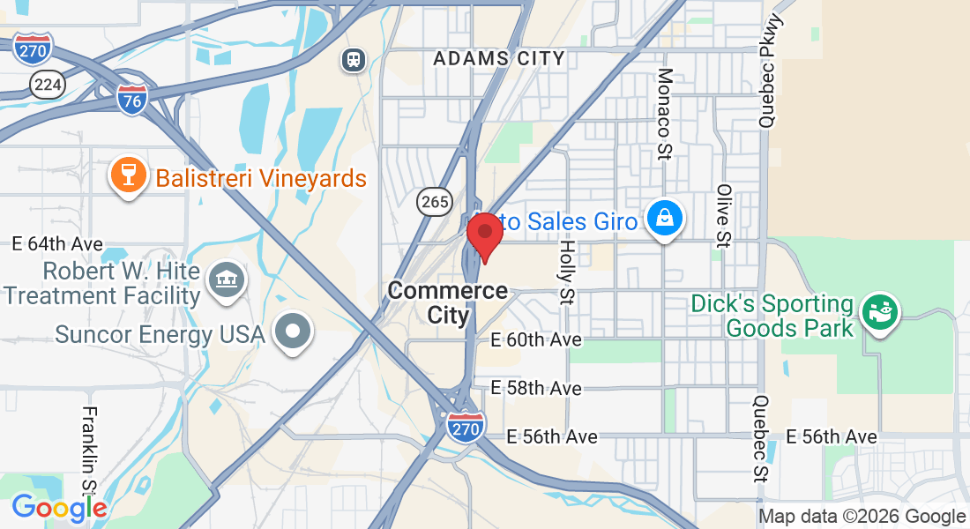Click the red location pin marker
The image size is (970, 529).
pos(484,234)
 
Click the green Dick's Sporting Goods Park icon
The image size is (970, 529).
pos(879,313)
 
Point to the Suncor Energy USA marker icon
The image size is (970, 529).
pos(293,332)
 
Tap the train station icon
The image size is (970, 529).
pos(354,60)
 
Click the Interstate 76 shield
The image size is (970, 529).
pos(131,98)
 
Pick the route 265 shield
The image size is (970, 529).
pos(435,202)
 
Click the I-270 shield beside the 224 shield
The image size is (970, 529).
pos(34,50)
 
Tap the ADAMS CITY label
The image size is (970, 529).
pos(499,59)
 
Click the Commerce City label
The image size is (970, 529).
pos(448,302)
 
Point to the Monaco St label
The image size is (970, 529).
pos(664,102)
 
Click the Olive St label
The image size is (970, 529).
pos(724,216)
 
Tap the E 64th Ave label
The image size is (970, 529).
pos(58,243)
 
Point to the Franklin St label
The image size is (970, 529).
pos(89,449)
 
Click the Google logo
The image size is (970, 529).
pos(59,508)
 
